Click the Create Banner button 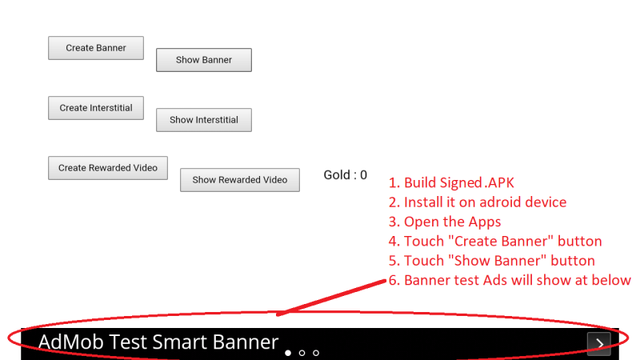(x=96, y=48)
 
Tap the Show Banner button (x=204, y=60)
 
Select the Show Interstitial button (x=204, y=120)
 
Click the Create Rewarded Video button (x=108, y=168)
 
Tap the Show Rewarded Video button (x=239, y=180)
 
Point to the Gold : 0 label (x=346, y=175)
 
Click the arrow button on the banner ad (x=598, y=344)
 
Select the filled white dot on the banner (x=288, y=353)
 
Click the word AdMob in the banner (x=71, y=342)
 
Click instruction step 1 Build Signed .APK (x=451, y=183)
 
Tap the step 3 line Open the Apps (x=445, y=222)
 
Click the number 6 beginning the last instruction (x=394, y=281)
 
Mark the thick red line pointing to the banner (x=331, y=297)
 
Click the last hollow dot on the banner (x=316, y=353)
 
